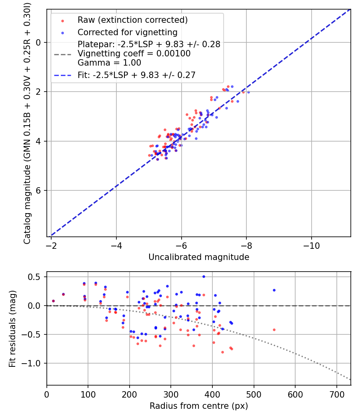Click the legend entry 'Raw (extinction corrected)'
pyautogui.click(x=132, y=20)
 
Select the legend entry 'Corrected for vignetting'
pyautogui.click(x=127, y=32)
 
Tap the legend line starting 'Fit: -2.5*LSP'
pyautogui.click(x=136, y=75)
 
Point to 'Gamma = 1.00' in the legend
pyautogui.click(x=109, y=63)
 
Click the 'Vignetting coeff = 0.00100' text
pyautogui.click(x=134, y=54)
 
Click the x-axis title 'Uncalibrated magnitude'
pyautogui.click(x=199, y=257)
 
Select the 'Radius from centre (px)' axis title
pyautogui.click(x=199, y=406)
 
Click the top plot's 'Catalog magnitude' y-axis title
pyautogui.click(x=27, y=122)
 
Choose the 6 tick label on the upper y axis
pyautogui.click(x=39, y=190)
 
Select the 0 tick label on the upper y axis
pyautogui.click(x=39, y=42)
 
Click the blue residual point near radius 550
pyautogui.click(x=274, y=290)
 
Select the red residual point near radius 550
pyautogui.click(x=274, y=330)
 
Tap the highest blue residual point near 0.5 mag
pyautogui.click(x=204, y=276)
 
